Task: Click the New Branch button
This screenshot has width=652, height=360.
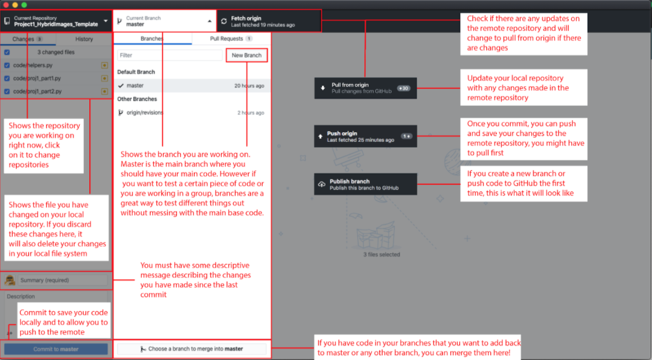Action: (x=246, y=55)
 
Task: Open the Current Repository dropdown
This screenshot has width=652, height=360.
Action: (x=56, y=21)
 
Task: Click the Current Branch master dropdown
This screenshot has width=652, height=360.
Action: (x=164, y=21)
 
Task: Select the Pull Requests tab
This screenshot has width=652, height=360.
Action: (x=231, y=39)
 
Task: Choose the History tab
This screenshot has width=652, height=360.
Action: (x=84, y=39)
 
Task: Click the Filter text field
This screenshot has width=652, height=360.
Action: (x=170, y=55)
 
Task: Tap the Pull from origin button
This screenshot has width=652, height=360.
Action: (x=365, y=88)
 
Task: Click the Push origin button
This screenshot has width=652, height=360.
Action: (x=365, y=137)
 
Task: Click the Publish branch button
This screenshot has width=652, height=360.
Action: (x=365, y=184)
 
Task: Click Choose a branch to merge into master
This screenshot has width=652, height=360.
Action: (x=192, y=349)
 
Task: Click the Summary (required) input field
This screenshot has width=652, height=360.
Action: (x=63, y=280)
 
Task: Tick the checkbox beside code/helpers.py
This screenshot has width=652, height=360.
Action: (x=7, y=65)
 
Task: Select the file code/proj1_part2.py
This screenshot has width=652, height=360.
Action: (x=37, y=91)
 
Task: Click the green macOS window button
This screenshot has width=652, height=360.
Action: (x=24, y=4)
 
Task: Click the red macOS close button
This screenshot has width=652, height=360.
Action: (x=5, y=4)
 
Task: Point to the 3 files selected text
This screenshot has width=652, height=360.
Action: (x=382, y=254)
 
